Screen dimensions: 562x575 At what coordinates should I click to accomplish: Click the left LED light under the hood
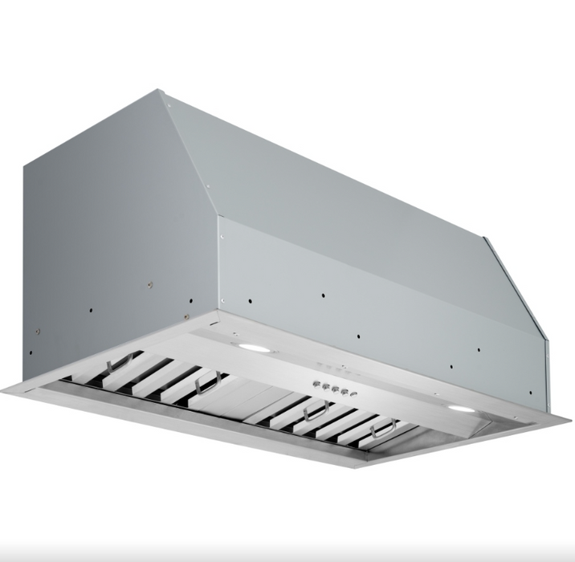[x=253, y=347]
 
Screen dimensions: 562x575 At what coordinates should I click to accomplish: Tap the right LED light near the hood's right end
[x=460, y=409]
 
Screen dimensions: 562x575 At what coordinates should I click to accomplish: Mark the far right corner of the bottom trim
[x=571, y=419]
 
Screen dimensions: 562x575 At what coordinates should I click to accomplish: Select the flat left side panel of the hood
[x=104, y=233]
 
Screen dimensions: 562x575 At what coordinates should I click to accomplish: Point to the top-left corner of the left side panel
[x=24, y=165]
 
